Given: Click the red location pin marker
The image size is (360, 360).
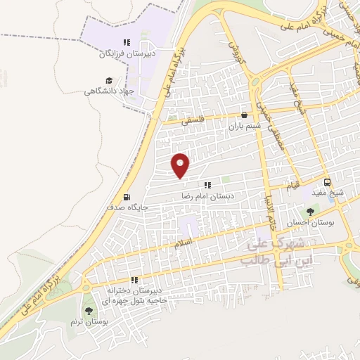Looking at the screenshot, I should click(x=181, y=165).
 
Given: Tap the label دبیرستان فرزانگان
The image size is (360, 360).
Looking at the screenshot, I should click(x=126, y=53).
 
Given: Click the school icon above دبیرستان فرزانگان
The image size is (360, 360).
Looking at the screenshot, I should click(x=127, y=42).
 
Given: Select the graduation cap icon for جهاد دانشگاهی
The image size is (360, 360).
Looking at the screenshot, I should click(x=109, y=80).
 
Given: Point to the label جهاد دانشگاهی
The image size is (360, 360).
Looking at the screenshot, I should click(x=108, y=91).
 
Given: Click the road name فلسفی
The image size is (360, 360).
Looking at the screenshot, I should click(x=194, y=120).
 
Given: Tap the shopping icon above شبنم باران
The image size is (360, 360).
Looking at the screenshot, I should click(x=244, y=115).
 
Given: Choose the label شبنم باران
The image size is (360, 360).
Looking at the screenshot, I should click(x=244, y=127).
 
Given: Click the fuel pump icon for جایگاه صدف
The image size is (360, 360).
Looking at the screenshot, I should click(x=126, y=197).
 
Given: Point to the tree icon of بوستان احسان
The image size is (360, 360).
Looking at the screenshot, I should click(x=311, y=211).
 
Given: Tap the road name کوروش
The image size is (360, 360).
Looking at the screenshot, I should click(x=233, y=45).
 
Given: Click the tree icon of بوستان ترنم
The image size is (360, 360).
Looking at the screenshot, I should click(x=88, y=310).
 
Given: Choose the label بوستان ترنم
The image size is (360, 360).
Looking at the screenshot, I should click(x=87, y=321).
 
